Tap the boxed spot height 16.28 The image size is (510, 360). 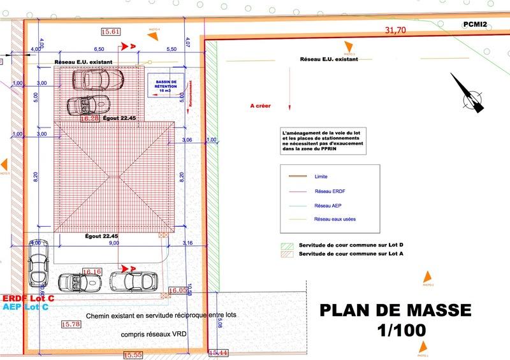[90, 118]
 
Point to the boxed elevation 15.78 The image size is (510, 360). [71, 324]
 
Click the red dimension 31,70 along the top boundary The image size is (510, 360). [395, 30]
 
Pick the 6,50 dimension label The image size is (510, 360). [99, 49]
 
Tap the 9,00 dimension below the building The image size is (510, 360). [115, 243]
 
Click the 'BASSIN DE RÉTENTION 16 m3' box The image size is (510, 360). [165, 86]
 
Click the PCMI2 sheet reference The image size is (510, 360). [475, 24]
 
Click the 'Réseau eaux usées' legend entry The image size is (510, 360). [335, 219]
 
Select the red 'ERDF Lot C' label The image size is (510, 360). [28, 298]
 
